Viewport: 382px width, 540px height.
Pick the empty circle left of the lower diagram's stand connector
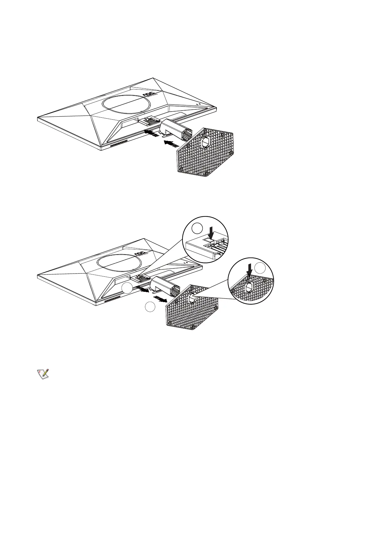126,289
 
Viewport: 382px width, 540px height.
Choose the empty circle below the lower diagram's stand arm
150,307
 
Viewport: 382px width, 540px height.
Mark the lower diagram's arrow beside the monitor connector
142,290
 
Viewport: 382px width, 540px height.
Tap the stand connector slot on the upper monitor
149,121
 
